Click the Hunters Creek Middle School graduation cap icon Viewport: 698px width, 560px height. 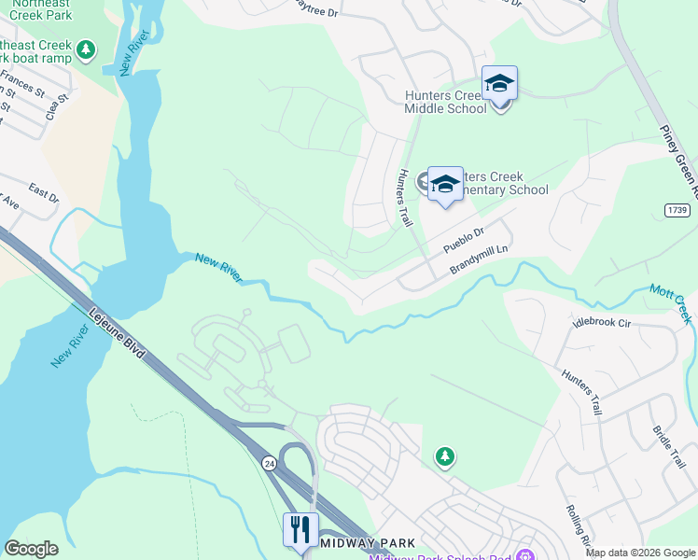[x=499, y=85]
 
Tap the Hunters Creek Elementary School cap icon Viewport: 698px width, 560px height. [x=445, y=184]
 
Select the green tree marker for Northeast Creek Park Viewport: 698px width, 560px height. [x=86, y=49]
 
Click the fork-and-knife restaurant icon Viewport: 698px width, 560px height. [x=300, y=530]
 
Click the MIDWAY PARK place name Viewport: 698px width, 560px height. [x=360, y=542]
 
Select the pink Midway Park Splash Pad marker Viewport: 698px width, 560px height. [x=524, y=555]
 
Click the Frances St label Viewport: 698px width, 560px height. [x=22, y=83]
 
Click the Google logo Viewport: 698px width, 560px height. [x=31, y=549]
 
